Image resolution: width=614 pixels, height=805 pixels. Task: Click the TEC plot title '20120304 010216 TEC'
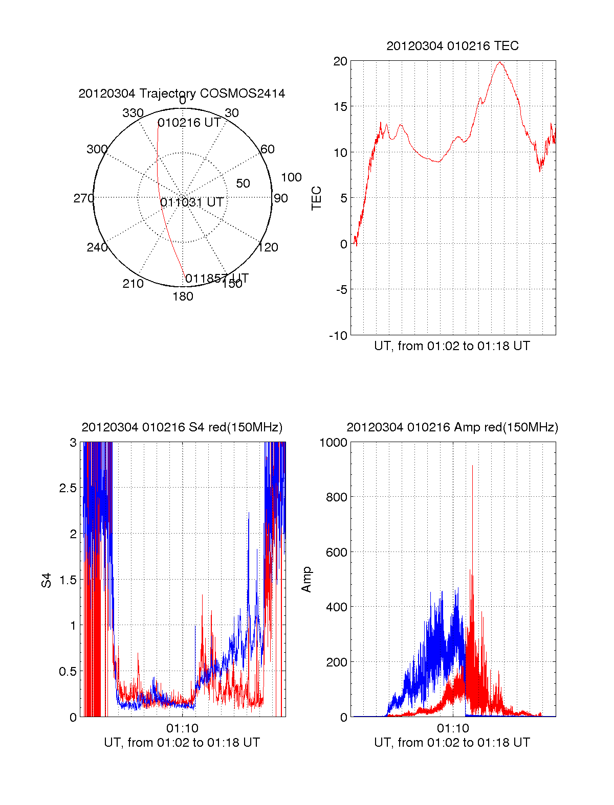click(x=452, y=46)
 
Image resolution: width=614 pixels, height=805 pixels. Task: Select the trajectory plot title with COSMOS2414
click(x=182, y=94)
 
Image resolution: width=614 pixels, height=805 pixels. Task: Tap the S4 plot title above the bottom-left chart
click(x=182, y=427)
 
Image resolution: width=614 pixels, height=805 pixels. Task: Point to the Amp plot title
click(x=452, y=427)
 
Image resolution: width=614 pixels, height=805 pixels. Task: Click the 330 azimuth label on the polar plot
click(x=133, y=113)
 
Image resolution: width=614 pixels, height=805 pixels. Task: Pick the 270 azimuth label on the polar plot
click(x=83, y=198)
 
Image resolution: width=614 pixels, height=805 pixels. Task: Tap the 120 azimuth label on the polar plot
click(x=268, y=248)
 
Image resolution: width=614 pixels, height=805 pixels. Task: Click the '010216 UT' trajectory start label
click(x=189, y=123)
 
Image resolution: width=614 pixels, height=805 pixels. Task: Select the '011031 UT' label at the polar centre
click(x=192, y=202)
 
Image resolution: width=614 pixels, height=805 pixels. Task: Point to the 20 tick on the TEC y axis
click(x=340, y=61)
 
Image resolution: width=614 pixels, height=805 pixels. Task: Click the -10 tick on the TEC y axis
click(x=338, y=336)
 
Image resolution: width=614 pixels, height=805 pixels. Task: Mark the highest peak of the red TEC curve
click(x=500, y=62)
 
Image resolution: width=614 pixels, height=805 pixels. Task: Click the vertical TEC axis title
click(x=317, y=198)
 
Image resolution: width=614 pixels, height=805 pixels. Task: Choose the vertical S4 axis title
click(x=47, y=580)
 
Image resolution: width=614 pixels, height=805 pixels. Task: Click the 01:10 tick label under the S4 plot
click(x=182, y=728)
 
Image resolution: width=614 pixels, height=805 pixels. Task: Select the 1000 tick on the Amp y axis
click(x=333, y=443)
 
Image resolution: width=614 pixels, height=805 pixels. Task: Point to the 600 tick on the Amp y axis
click(x=336, y=553)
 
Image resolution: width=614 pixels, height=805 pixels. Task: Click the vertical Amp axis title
click(x=306, y=580)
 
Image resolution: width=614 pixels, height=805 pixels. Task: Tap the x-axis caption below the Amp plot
click(x=452, y=743)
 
